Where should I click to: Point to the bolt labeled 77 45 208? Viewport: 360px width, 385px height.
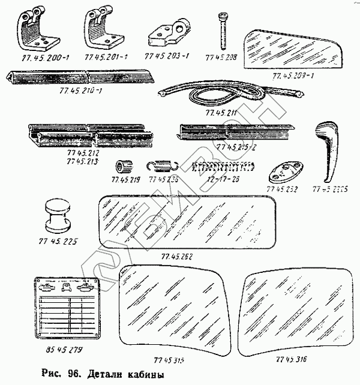[223, 30]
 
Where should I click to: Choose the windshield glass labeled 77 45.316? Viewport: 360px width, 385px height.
[294, 309]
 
